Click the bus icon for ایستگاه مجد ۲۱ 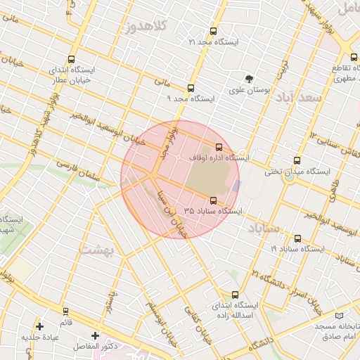coord(214,32)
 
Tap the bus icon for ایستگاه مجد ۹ coord(191,89)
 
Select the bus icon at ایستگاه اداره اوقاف coord(219,147)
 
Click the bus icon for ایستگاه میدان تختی coord(297,160)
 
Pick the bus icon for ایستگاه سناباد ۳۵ coord(214,200)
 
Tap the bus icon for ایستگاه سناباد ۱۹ coord(297,238)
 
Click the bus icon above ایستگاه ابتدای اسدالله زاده coord(235,295)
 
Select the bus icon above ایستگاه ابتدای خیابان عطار coord(70,60)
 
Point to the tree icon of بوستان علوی coord(248,79)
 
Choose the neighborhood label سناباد coord(264,229)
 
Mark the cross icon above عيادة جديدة coord(39,326)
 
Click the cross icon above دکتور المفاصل coord(96,335)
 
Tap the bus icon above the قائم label coord(65,311)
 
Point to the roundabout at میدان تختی coord(288,176)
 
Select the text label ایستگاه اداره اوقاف coord(219,158)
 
